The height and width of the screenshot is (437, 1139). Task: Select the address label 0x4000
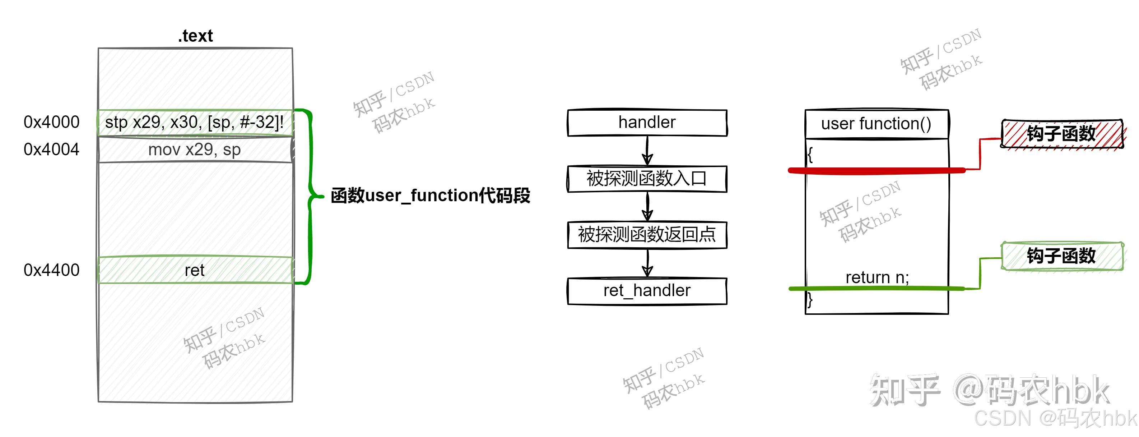tap(51, 122)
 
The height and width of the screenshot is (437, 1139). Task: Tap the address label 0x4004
tap(51, 149)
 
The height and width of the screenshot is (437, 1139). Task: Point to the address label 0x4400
tap(51, 270)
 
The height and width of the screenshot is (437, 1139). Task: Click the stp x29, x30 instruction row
tap(195, 123)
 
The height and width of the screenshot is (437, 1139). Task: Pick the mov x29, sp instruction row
tap(195, 150)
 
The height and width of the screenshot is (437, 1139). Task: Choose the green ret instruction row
tap(195, 270)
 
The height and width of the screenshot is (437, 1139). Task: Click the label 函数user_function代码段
tap(430, 195)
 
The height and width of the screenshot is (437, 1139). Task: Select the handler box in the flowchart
tap(647, 123)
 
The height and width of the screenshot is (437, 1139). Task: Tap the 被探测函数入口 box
tap(647, 179)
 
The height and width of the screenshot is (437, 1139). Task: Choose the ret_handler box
tap(647, 291)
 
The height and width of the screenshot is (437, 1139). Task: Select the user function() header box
tap(877, 124)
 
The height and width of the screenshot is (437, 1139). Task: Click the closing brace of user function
tap(810, 300)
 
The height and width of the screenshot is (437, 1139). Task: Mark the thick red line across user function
tap(877, 171)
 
